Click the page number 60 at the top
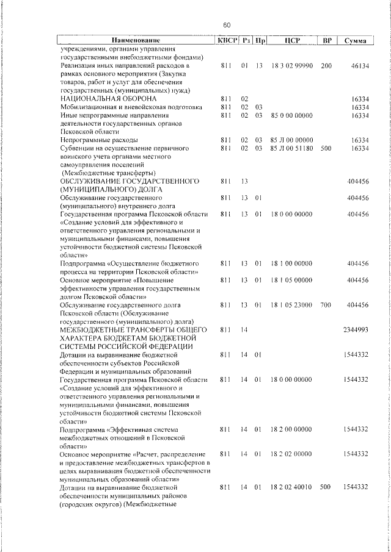pos(226,25)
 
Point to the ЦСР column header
pos(290,41)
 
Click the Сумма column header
pos(355,41)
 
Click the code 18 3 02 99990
pos(291,65)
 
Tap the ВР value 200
pos(325,65)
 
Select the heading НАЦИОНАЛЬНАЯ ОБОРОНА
pos(109,99)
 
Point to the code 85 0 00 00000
pos(291,115)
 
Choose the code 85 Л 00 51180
pos(291,148)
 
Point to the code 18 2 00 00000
pos(291,429)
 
